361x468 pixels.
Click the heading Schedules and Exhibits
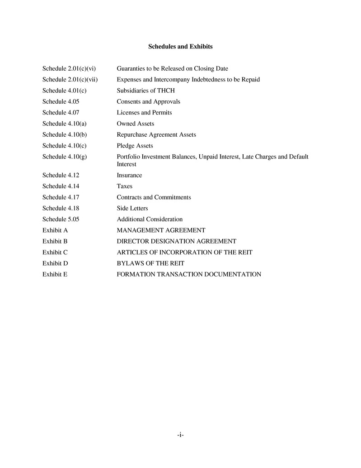(180, 47)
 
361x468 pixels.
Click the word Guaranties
(131, 69)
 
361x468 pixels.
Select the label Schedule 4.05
(61, 101)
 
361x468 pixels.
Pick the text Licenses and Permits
(144, 112)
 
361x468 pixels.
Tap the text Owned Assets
(135, 124)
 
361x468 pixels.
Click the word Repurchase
(132, 134)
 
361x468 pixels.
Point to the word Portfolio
(128, 157)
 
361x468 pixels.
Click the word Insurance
(129, 175)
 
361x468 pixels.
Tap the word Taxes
(124, 186)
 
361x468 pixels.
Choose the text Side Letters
(132, 208)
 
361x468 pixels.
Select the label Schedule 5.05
(61, 219)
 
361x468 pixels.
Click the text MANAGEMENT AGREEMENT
(161, 230)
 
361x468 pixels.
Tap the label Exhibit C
(55, 252)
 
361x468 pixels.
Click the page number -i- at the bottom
(180, 435)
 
